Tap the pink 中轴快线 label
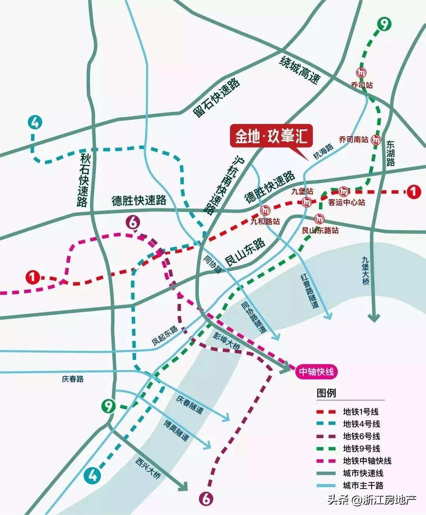316,371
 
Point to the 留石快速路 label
216,97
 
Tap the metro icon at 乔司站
361,73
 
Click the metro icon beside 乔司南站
377,139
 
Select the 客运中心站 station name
347,202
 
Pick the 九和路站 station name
265,221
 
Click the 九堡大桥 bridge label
366,271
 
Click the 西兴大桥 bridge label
148,468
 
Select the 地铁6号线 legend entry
361,436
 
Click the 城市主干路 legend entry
363,485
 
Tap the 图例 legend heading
326,393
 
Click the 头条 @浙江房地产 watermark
372,500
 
